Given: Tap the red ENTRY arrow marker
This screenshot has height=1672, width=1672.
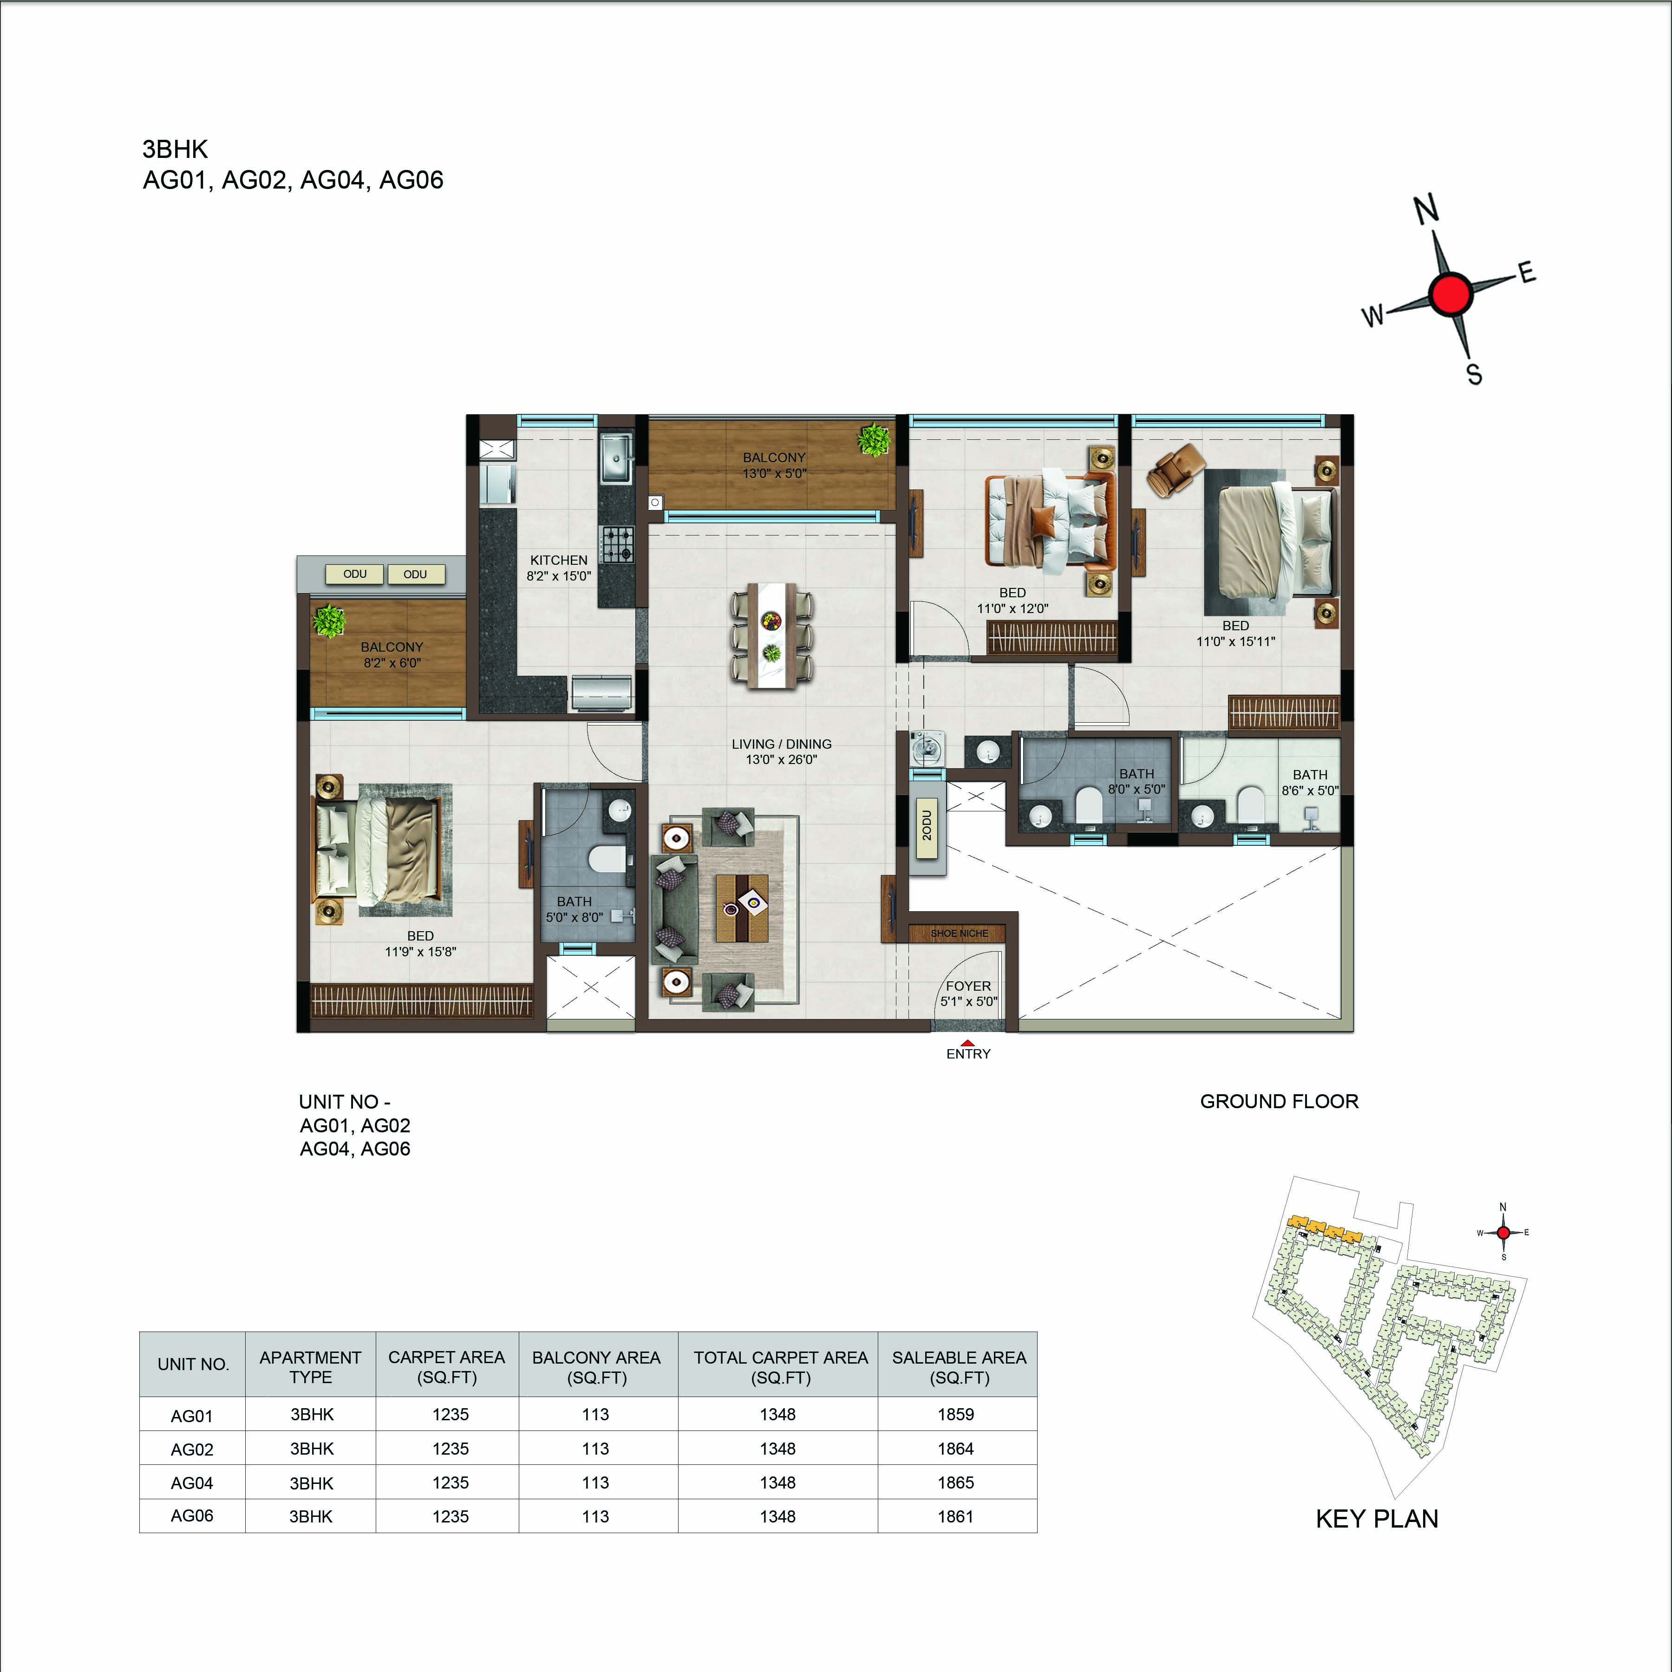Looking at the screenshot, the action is tap(967, 1044).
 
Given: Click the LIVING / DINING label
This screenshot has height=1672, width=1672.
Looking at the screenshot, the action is tap(782, 744).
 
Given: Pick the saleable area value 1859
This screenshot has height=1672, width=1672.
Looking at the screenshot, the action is tap(955, 1414).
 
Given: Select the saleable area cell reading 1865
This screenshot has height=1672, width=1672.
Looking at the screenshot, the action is tap(955, 1483).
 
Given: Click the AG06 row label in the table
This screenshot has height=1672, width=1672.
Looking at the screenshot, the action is tap(192, 1516).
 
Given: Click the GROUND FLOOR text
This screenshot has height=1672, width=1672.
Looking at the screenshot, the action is tap(1279, 1102).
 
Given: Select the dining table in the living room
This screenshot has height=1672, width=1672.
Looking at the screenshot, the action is tap(772, 636).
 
